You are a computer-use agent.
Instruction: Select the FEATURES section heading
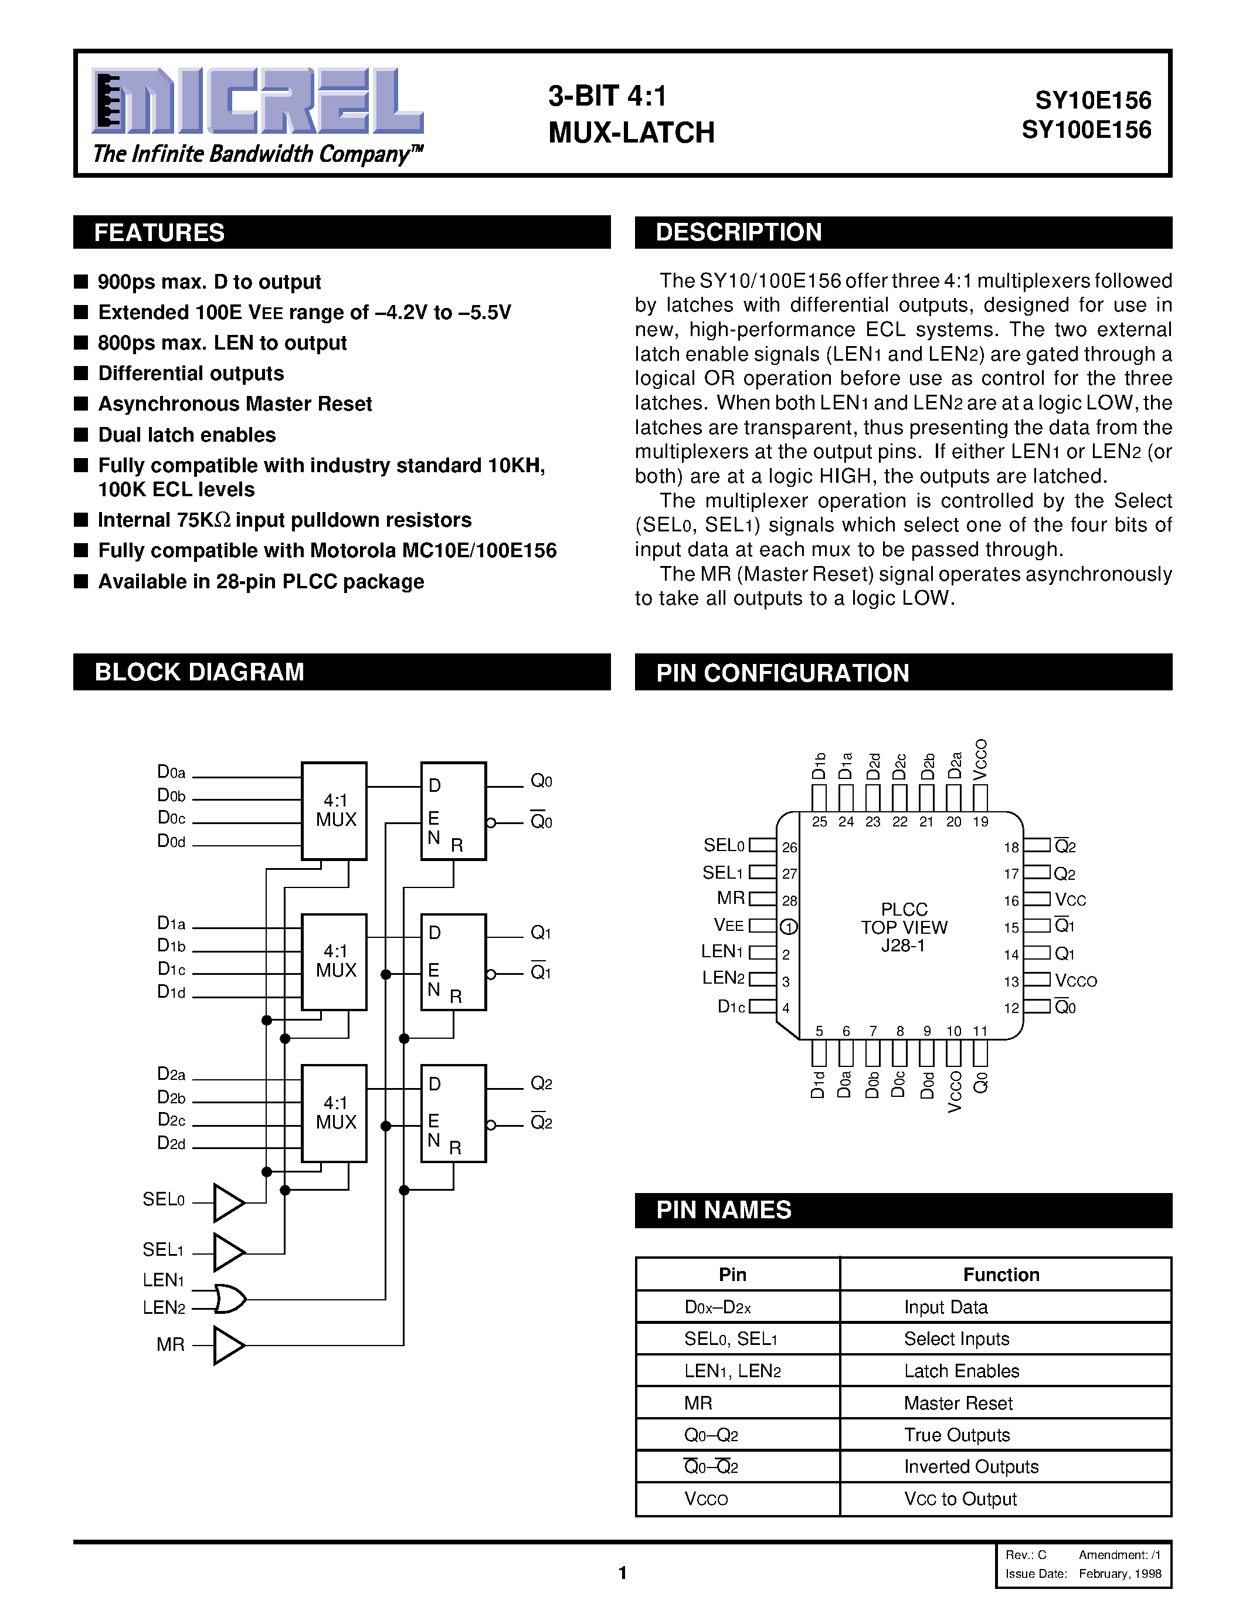tap(159, 233)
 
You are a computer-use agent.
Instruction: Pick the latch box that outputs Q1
tap(453, 961)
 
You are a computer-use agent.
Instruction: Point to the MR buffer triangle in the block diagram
tap(228, 1345)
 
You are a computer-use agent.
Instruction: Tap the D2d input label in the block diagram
tap(171, 1143)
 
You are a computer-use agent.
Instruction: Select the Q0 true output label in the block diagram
tap(541, 781)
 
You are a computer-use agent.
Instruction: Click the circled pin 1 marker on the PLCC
tap(788, 927)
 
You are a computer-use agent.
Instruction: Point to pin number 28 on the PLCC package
tap(789, 900)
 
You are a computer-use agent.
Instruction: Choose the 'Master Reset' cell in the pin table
tap(958, 1403)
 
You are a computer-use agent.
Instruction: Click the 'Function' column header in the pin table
tap(1001, 1275)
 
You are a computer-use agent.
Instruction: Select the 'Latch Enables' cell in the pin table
tap(961, 1371)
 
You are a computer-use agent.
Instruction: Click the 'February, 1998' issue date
tap(1120, 1574)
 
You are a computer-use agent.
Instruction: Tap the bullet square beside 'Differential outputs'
tap(81, 373)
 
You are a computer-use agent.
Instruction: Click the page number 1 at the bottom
tap(622, 1573)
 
